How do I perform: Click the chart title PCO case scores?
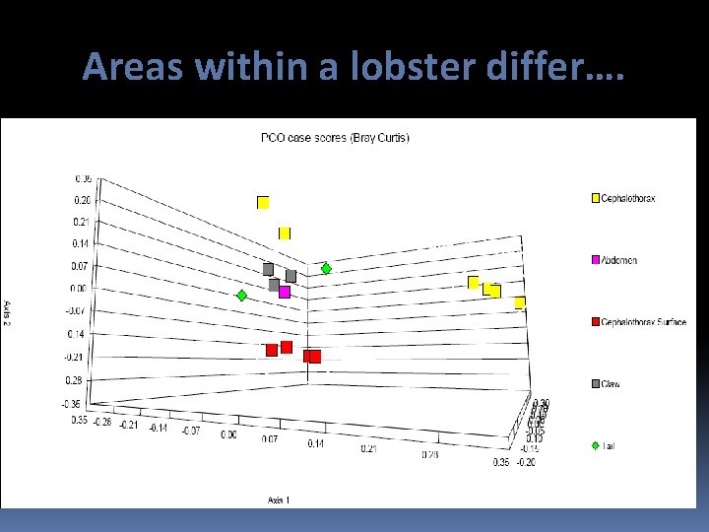click(335, 137)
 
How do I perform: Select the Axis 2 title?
click(8, 308)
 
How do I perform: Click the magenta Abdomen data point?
click(285, 292)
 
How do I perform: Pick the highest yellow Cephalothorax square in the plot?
click(263, 203)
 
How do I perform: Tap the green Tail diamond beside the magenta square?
click(241, 295)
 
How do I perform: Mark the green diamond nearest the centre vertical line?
click(326, 268)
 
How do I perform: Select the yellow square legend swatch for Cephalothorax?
click(594, 199)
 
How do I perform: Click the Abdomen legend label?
click(619, 260)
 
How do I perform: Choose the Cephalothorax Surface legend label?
click(644, 322)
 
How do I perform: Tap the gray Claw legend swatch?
click(594, 383)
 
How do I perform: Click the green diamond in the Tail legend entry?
click(594, 445)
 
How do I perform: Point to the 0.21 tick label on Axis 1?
click(369, 448)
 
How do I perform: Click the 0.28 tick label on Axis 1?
click(429, 455)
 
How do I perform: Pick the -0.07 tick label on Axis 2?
click(76, 310)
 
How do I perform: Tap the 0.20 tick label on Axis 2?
click(83, 200)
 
